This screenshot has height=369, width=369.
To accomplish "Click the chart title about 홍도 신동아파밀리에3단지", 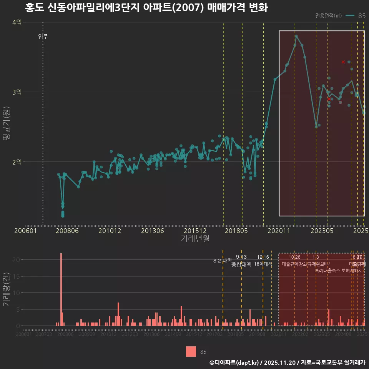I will click(x=146, y=8).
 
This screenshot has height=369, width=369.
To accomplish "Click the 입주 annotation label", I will click(x=43, y=37).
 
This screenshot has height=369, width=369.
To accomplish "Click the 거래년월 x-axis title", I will click(x=195, y=238).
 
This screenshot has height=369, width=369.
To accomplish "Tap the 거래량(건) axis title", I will click(x=7, y=290).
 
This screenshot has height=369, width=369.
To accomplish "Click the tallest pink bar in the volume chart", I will click(x=61, y=289).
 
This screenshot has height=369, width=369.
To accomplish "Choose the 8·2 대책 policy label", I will click(x=223, y=261).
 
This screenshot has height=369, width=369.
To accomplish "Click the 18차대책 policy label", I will click(x=263, y=264).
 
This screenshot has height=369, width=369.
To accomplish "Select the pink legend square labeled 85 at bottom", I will click(x=191, y=351).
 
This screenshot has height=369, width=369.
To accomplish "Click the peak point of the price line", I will click(x=296, y=36).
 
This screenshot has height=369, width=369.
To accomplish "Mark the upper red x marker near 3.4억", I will click(x=343, y=62).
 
